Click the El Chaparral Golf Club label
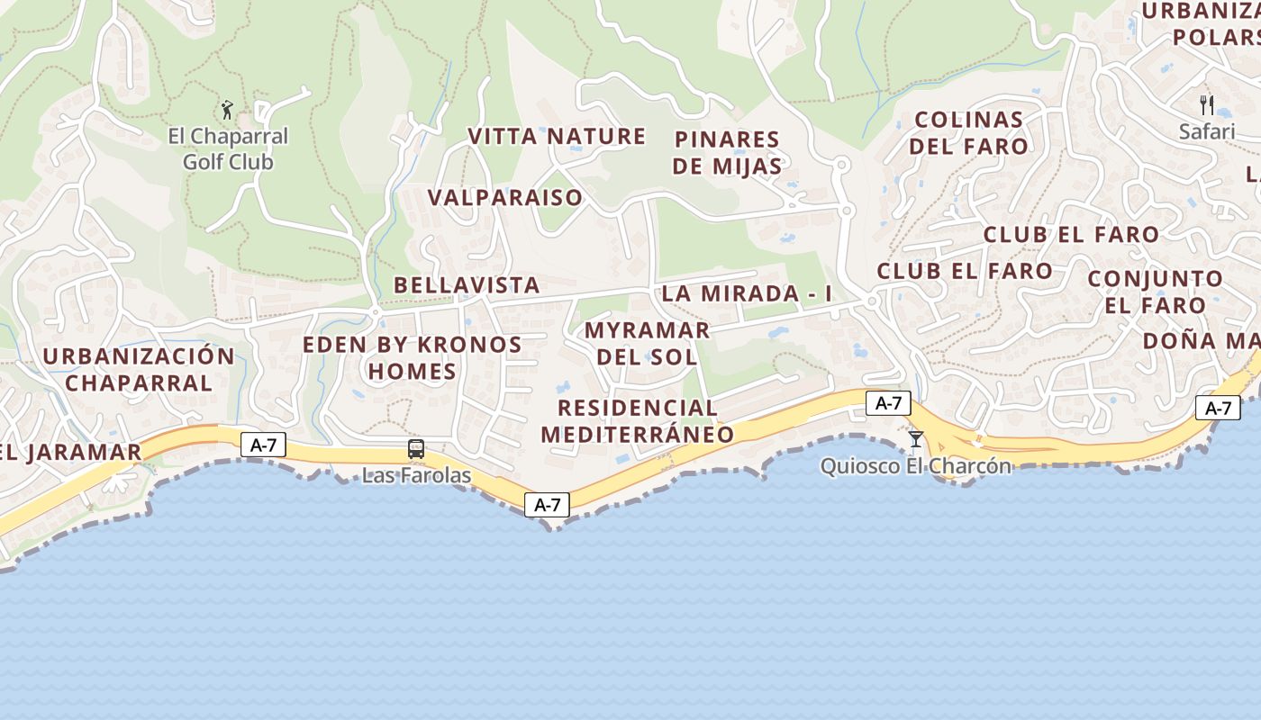[x=228, y=149]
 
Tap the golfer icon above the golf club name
[x=227, y=110]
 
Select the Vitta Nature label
[x=557, y=137]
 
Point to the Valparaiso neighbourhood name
[x=505, y=198]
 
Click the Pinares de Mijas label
[x=727, y=153]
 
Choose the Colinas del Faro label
[x=968, y=133]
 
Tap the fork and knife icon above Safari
[x=1207, y=104]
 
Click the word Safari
[x=1207, y=131]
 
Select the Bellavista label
[x=467, y=285]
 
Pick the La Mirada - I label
[x=747, y=293]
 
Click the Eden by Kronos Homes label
[x=412, y=358]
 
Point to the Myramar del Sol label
[x=647, y=343]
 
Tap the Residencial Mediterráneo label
[x=637, y=421]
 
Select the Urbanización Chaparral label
[x=139, y=369]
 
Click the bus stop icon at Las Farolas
[x=416, y=448]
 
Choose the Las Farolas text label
[x=416, y=475]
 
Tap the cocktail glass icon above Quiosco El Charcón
[x=916, y=439]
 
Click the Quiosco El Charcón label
[x=916, y=466]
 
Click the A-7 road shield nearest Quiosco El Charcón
[x=888, y=403]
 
